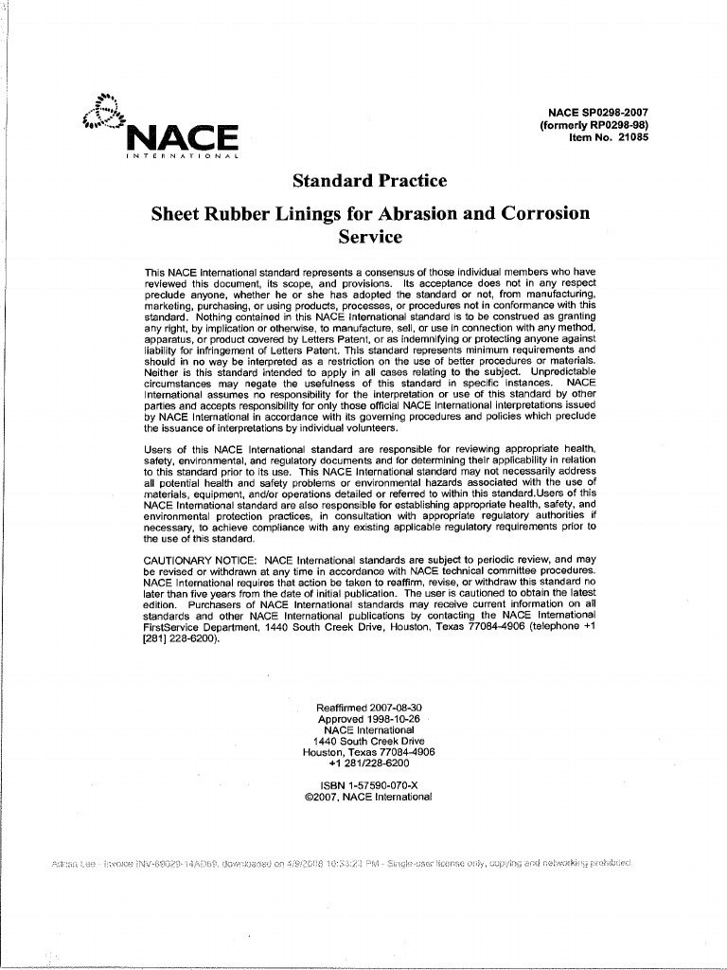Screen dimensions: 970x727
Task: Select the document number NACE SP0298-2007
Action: [x=600, y=113]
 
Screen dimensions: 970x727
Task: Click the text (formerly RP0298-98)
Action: [x=594, y=125]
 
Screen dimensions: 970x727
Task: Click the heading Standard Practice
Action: [x=368, y=180]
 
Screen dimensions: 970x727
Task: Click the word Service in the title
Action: [x=370, y=237]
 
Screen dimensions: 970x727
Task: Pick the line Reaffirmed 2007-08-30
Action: [x=368, y=708]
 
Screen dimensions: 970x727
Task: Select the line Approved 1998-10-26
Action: [x=368, y=719]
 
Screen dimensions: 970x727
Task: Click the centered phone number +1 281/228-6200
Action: [x=368, y=763]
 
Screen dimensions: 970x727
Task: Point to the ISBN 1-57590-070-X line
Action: [x=368, y=785]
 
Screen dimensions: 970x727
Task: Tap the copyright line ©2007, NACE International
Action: [x=368, y=798]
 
